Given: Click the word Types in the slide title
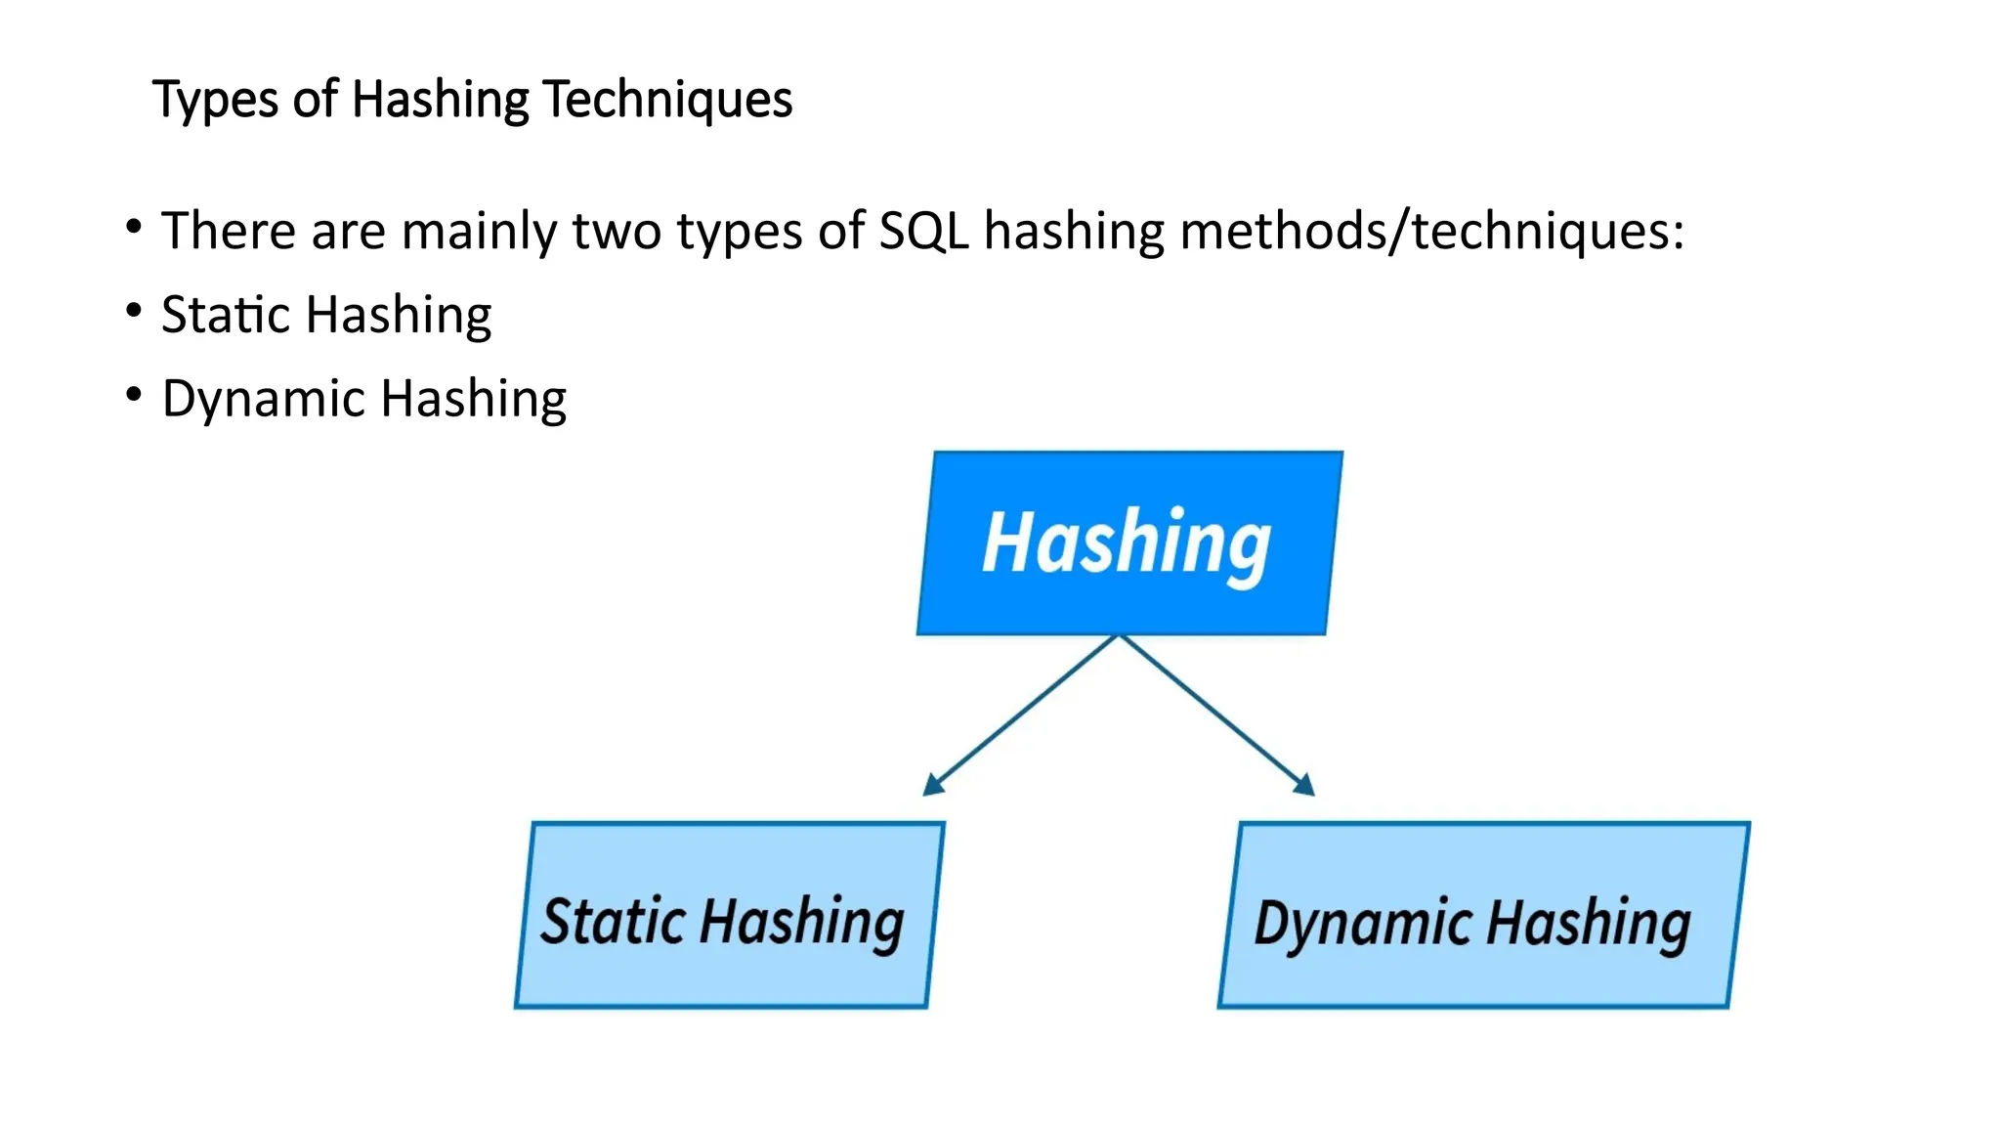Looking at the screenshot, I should pos(216,101).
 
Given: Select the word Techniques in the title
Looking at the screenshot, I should pos(667,101).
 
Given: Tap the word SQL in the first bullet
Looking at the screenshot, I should pos(923,232).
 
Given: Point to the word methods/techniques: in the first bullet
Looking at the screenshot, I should pos(1431,232).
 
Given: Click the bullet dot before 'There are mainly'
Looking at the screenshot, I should pos(134,227).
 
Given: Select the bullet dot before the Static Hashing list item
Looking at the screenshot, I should pos(134,311).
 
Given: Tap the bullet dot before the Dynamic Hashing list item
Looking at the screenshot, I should pos(134,395).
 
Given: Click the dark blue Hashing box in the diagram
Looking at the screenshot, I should pos(1129,543).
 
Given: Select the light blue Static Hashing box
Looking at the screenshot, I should pos(729,915).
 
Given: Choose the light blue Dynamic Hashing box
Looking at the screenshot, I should pos(1483,915).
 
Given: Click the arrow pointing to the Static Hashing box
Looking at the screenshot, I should pos(1021,715).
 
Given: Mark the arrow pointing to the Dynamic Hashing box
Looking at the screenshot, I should pos(1216,715).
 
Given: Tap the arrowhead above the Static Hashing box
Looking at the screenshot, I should pos(934,785).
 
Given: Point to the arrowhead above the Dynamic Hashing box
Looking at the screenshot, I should pos(1304,785).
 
